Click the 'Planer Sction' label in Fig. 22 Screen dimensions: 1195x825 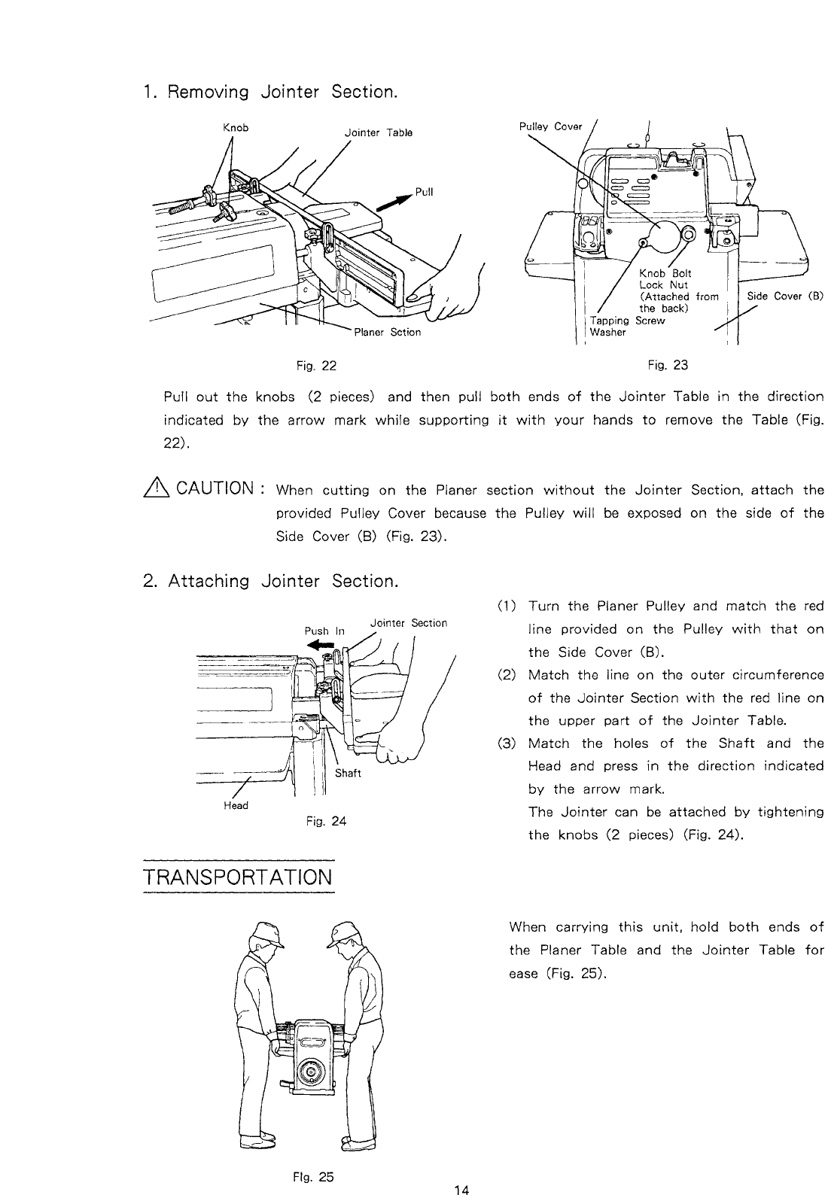coord(388,332)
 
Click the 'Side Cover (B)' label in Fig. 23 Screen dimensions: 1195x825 coord(784,295)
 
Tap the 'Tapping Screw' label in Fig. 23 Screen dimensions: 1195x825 coord(623,320)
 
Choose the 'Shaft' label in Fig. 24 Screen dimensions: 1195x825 coord(348,773)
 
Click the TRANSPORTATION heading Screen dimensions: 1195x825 coord(237,877)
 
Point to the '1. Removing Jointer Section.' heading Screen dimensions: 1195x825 coord(270,93)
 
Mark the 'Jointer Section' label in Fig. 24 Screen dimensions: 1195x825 coord(409,622)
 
